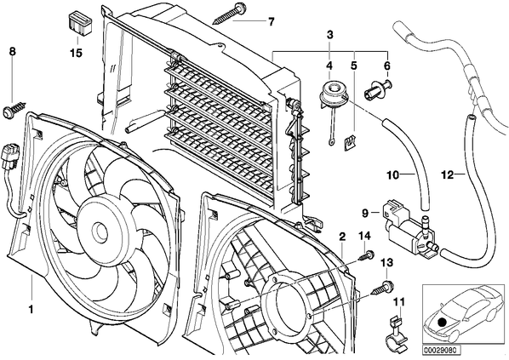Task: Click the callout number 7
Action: (x=271, y=22)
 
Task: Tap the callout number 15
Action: (x=77, y=53)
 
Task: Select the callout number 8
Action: (x=12, y=51)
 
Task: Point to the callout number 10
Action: (x=392, y=175)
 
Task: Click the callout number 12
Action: (x=448, y=175)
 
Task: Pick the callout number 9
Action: (x=365, y=213)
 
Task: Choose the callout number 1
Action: (x=31, y=310)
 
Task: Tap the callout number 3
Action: (x=329, y=34)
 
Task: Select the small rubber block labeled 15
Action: (x=80, y=23)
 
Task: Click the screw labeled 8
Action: (x=14, y=109)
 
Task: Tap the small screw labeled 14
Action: (x=366, y=255)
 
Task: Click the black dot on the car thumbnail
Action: (x=441, y=322)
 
